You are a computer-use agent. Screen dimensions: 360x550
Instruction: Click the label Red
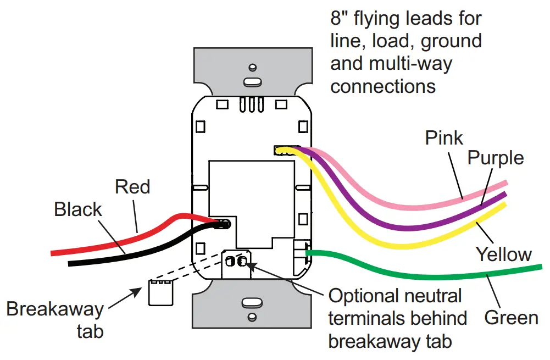(x=132, y=187)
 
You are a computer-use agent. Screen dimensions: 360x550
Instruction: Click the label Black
(x=78, y=209)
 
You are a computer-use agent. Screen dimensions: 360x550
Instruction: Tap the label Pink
(x=444, y=137)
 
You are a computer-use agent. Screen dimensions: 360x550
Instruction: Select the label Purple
(x=496, y=158)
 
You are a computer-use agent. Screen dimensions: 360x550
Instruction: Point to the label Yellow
(x=503, y=254)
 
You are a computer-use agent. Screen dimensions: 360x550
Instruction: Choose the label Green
(x=511, y=318)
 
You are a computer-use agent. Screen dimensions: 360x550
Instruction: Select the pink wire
(x=385, y=184)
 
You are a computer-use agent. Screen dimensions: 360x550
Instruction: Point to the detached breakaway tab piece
(x=161, y=292)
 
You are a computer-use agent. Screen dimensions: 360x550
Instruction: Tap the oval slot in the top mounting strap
(x=252, y=82)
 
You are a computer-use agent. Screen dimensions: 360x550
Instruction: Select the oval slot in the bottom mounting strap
(x=252, y=302)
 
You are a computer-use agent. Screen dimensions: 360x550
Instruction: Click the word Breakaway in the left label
(x=54, y=309)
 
